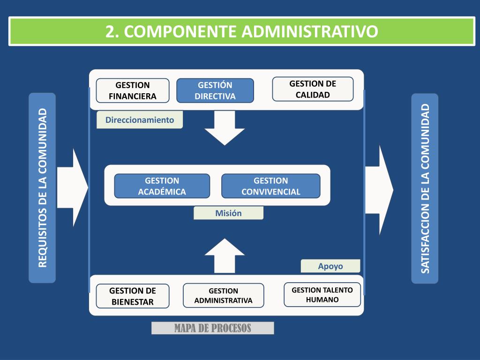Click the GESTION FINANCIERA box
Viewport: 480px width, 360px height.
[x=133, y=90]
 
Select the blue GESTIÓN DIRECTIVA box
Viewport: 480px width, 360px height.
[x=215, y=90]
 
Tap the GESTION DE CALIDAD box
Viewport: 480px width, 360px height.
[x=313, y=89]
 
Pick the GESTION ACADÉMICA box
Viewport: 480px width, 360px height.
[x=162, y=186]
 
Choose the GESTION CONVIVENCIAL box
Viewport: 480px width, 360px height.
[x=270, y=186]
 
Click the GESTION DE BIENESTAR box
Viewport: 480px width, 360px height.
[x=133, y=296]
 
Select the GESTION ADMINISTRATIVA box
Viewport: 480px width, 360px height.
[x=224, y=295]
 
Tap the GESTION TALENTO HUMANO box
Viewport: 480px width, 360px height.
[x=322, y=294]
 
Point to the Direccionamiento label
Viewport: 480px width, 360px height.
[x=140, y=120]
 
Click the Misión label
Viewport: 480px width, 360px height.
[x=228, y=213]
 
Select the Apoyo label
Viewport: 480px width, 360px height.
[x=330, y=266]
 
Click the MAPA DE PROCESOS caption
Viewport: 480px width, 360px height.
[x=212, y=328]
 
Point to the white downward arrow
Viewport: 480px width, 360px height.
[x=225, y=128]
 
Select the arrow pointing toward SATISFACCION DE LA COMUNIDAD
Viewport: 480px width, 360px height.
[x=379, y=190]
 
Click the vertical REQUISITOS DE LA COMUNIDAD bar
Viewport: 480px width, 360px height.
[x=42, y=187]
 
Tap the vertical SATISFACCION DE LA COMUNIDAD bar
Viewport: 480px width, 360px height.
[x=425, y=188]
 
